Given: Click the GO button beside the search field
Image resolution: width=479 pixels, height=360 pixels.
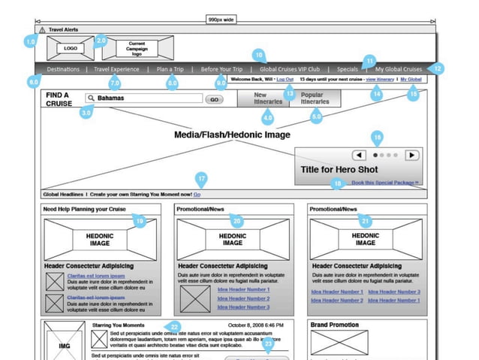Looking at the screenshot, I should (x=214, y=98).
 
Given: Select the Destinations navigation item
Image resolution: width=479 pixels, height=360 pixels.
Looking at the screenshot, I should (x=63, y=69).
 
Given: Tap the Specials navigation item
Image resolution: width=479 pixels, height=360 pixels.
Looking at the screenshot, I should (x=347, y=69).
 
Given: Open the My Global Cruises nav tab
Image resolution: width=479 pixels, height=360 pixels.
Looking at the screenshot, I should (x=399, y=69).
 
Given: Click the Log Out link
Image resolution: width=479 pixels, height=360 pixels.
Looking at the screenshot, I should (x=285, y=79).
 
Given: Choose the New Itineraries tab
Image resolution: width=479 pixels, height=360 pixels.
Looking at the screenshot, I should (x=261, y=98).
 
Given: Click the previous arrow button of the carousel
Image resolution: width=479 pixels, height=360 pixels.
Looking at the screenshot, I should (x=359, y=155).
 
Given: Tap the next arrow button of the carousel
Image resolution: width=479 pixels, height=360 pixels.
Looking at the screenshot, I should (x=411, y=155).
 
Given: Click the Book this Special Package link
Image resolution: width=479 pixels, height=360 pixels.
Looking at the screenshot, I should (x=385, y=183).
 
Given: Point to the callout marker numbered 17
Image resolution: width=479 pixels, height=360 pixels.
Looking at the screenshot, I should (x=200, y=178).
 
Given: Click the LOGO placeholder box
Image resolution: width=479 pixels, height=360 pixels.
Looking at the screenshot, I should (x=71, y=48).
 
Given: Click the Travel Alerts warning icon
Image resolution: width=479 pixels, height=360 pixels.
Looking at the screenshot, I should (x=42, y=29).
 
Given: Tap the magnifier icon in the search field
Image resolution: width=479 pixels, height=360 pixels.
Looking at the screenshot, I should (x=91, y=98).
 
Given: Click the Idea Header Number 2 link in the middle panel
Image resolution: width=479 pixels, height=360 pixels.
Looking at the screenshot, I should (x=243, y=298).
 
